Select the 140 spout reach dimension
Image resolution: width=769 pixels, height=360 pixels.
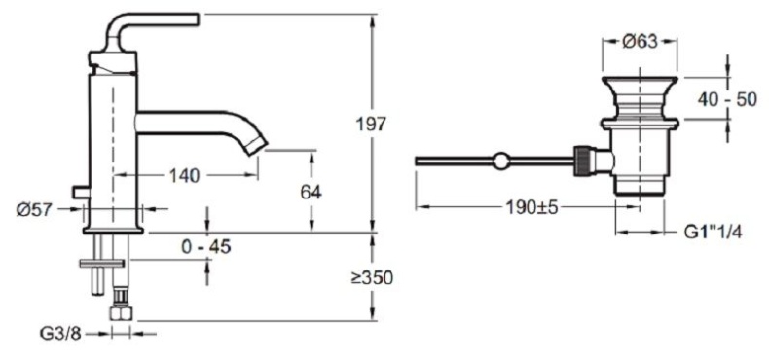184,175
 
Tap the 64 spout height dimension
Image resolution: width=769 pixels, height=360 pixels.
311,192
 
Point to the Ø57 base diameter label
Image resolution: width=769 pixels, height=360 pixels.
35,207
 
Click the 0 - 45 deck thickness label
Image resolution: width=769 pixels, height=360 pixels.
207,247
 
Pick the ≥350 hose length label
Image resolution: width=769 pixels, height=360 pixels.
370,277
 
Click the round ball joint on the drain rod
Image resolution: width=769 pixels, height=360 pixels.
500,161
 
